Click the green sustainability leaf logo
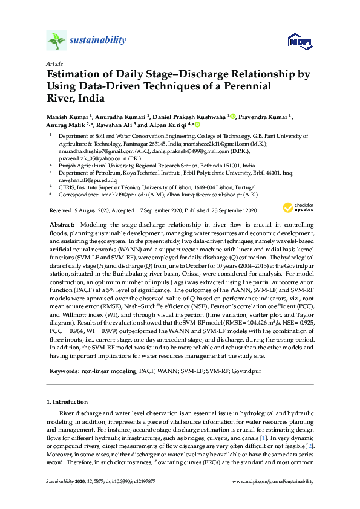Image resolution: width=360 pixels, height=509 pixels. (56, 41)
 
